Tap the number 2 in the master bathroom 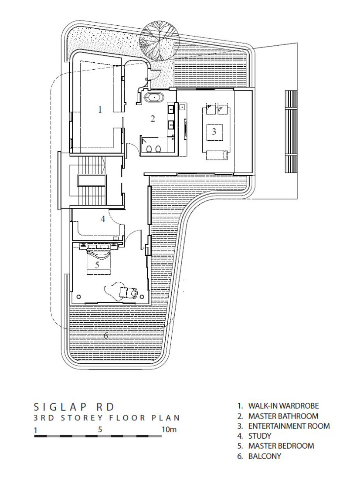153,118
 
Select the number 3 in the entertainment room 214,132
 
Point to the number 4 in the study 103,219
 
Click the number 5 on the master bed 97,264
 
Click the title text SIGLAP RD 74,407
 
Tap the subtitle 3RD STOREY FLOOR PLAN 107,418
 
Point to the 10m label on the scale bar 169,429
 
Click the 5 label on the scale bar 100,429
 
